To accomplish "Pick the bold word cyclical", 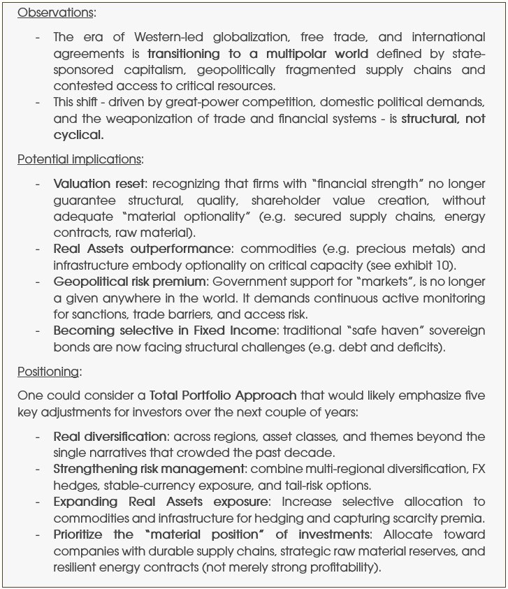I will [78, 135].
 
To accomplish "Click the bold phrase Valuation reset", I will [100, 184].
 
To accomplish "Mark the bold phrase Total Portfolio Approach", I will [223, 396].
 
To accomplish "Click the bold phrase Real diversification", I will [110, 437].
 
